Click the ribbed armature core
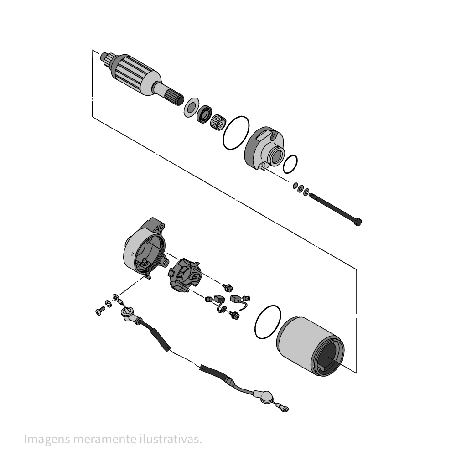135,74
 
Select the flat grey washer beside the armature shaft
192,108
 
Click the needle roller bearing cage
218,122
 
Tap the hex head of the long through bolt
358,222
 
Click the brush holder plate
185,275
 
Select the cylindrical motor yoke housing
310,346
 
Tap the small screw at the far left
100,311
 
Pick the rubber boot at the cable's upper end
129,315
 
